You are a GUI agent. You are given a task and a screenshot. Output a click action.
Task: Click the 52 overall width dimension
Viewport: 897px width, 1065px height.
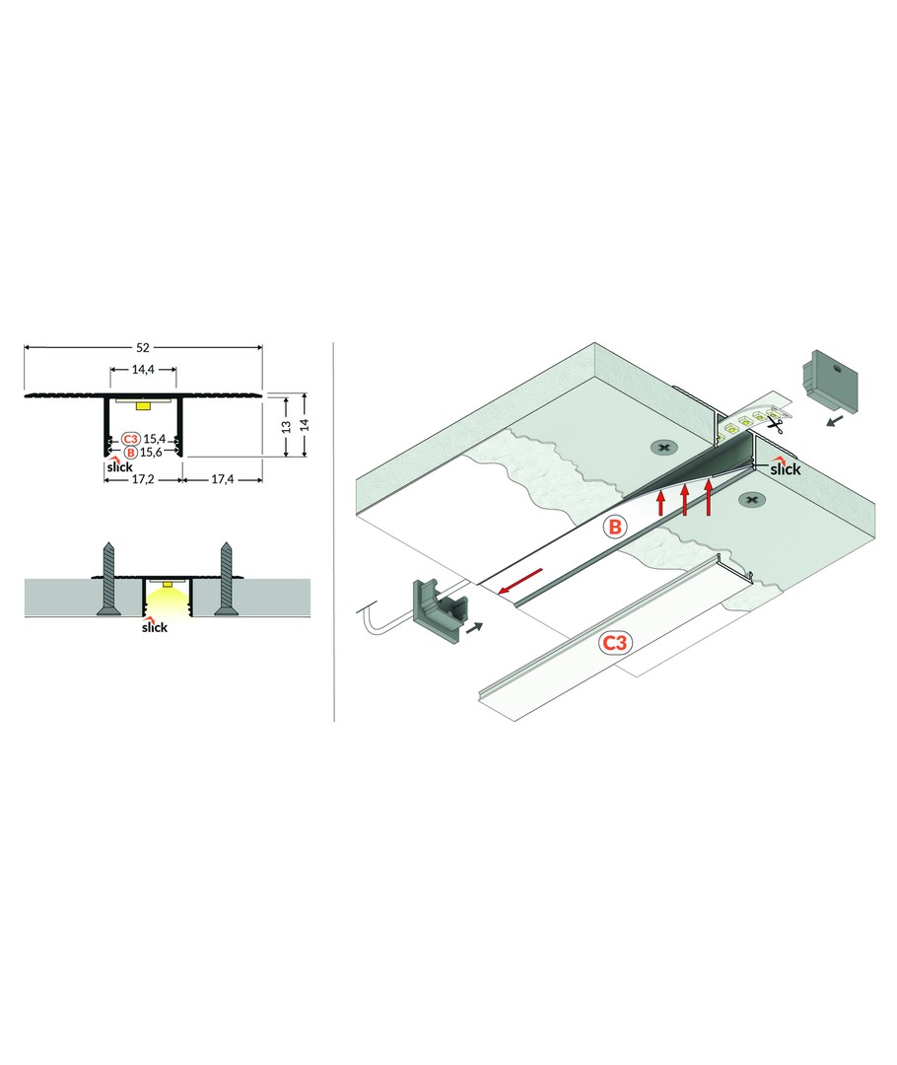tap(143, 347)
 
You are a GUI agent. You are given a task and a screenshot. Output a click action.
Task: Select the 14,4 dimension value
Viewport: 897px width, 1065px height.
tap(143, 370)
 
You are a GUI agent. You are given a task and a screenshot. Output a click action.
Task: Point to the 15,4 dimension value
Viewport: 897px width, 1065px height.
tap(154, 439)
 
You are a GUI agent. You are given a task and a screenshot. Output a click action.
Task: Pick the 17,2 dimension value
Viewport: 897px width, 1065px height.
tap(143, 479)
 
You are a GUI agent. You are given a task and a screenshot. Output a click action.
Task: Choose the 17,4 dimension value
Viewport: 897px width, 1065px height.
tap(222, 479)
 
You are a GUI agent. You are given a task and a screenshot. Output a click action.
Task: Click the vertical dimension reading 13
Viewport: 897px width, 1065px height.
tap(287, 427)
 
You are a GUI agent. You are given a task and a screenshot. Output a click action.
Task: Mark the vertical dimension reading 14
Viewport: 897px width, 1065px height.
tap(305, 424)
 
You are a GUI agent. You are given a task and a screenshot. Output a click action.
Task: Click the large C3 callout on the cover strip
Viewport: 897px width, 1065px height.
tap(614, 643)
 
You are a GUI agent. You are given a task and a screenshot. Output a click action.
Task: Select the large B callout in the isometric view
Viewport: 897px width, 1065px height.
tap(614, 527)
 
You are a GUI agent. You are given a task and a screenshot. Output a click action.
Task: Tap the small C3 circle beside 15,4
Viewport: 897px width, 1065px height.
tap(131, 439)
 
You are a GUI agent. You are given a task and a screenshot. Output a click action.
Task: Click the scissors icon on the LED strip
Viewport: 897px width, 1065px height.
tap(775, 425)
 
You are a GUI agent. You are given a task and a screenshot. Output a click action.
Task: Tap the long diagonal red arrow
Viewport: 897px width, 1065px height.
tap(520, 581)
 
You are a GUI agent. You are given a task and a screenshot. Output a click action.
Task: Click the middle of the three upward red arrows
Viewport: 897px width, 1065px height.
tap(684, 499)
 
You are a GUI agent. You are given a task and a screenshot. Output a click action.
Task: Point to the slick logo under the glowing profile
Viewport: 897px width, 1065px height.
tap(154, 625)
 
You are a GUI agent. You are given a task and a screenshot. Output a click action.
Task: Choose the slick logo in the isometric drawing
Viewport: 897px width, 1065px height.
tap(785, 467)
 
